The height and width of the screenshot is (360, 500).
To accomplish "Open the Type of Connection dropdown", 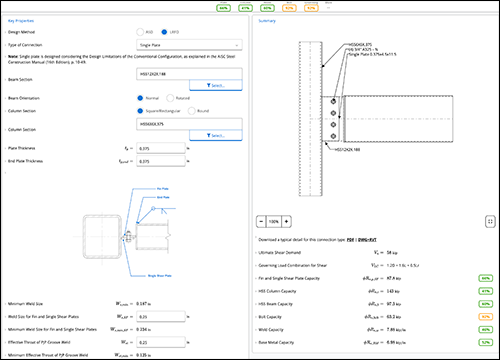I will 187,44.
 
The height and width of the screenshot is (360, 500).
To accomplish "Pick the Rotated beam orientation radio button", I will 170,99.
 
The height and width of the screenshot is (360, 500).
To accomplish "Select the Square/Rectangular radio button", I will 141,111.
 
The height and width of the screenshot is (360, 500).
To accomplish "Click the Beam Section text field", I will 187,74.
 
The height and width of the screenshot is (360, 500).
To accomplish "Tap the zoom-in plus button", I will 285,220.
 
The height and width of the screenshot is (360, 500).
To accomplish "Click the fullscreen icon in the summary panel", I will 490,220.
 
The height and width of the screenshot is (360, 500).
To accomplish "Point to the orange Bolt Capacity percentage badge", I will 484,314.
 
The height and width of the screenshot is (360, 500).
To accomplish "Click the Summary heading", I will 267,19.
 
